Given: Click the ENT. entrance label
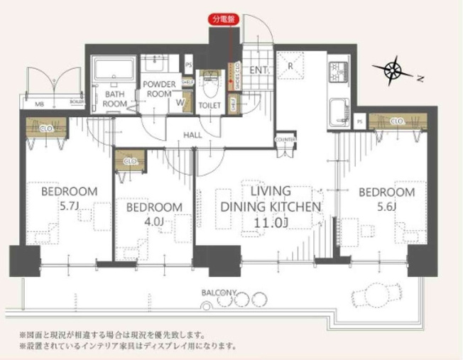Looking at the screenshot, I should pyautogui.click(x=258, y=70).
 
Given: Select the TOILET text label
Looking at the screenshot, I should pyautogui.click(x=210, y=105).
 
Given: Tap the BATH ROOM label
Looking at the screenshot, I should pyautogui.click(x=114, y=98).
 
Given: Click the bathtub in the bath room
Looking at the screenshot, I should pyautogui.click(x=114, y=72).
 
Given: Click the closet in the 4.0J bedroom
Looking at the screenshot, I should pyautogui.click(x=130, y=160).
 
